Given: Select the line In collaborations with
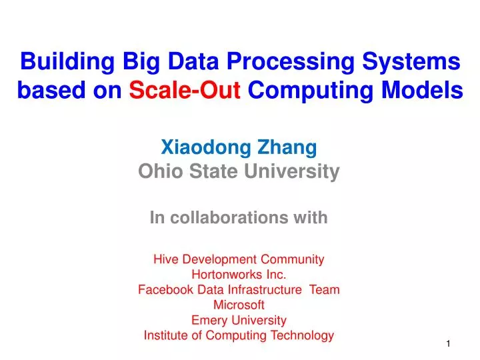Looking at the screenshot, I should click(x=239, y=217).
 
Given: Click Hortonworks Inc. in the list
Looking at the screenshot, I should click(x=239, y=274).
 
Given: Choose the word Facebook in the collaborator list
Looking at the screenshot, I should click(x=163, y=289).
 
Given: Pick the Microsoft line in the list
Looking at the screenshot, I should click(x=239, y=305).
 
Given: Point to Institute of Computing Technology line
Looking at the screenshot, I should click(x=239, y=335).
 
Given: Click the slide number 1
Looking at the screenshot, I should click(x=449, y=343).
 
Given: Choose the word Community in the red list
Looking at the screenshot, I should click(x=293, y=259).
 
